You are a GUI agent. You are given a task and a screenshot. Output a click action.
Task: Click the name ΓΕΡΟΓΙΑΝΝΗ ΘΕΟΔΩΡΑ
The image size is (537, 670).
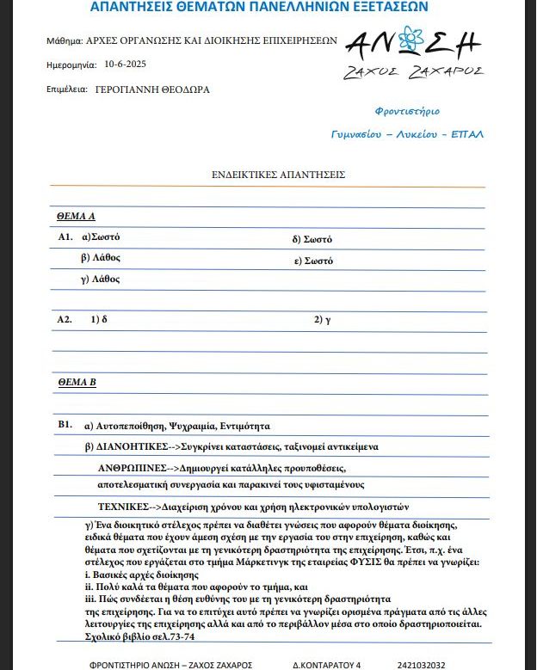point(152,89)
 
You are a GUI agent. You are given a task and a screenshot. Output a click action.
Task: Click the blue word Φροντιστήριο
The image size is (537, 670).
point(407,111)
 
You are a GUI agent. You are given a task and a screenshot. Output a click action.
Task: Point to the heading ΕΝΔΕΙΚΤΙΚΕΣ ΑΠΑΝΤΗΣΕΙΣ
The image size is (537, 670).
point(278,175)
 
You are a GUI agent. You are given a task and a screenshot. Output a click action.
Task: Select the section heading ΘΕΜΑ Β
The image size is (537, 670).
point(77,380)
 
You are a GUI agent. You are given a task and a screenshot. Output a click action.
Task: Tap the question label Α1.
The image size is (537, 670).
point(65,237)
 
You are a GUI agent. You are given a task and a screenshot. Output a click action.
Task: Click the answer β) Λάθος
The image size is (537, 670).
point(100,257)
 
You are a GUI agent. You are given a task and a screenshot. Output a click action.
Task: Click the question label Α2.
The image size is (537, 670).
point(65,319)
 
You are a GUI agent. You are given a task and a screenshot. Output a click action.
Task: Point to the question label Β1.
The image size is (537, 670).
point(65,426)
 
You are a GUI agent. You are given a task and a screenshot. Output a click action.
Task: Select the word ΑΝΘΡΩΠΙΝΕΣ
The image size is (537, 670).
point(133,468)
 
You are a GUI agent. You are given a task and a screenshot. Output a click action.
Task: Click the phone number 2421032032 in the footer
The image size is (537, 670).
point(422,665)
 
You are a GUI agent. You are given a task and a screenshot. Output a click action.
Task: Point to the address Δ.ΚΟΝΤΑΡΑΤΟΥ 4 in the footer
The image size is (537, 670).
point(327,665)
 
